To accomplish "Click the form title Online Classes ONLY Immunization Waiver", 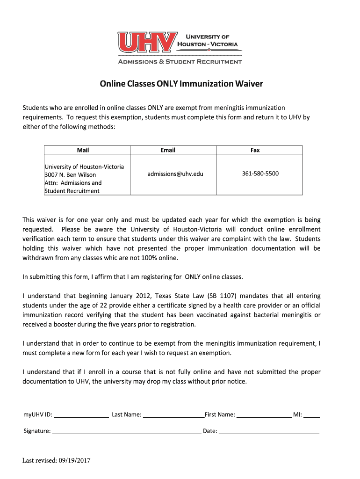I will coord(181,84).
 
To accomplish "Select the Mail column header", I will coord(83,150).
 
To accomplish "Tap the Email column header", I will coord(167,150).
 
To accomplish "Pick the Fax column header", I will coord(255,150).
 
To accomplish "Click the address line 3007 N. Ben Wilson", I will coord(70,175).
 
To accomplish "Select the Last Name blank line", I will coord(173,415).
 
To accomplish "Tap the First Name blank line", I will coord(264,415).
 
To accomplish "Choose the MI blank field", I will coord(312,415).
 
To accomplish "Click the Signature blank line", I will coord(126,432).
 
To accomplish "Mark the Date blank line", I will coord(269,432).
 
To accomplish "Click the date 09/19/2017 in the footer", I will coord(74,461).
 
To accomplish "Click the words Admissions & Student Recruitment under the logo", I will coord(180,62).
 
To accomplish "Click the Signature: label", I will coord(37,431).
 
